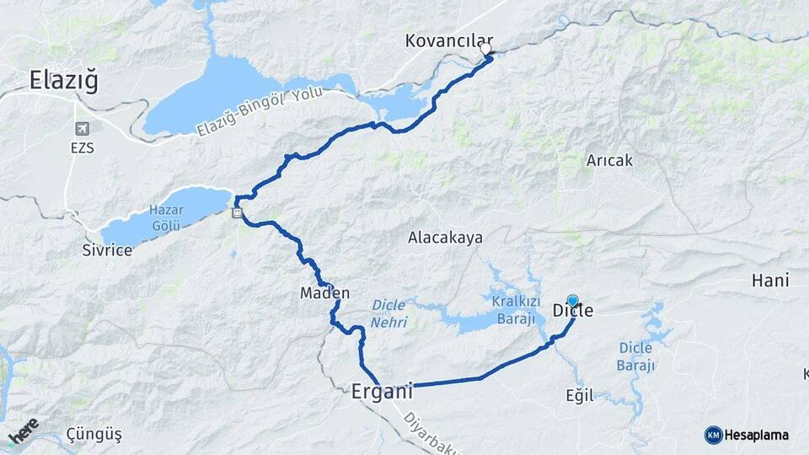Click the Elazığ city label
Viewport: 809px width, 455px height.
(x=63, y=81)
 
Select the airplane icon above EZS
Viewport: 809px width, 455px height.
(x=83, y=129)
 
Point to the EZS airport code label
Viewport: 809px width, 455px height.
(x=83, y=148)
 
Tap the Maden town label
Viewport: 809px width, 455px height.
(x=324, y=293)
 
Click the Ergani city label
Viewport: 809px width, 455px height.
(x=382, y=392)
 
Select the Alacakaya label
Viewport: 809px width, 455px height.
(x=445, y=238)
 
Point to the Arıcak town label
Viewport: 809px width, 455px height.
(x=609, y=159)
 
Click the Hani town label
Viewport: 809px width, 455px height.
(x=770, y=281)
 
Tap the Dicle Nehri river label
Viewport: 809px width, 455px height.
(x=389, y=313)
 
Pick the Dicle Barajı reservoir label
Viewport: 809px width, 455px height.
(x=636, y=356)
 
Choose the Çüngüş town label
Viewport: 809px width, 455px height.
(x=94, y=435)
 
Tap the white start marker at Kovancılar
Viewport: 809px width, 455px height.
(x=485, y=49)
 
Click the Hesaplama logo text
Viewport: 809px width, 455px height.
(x=756, y=435)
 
